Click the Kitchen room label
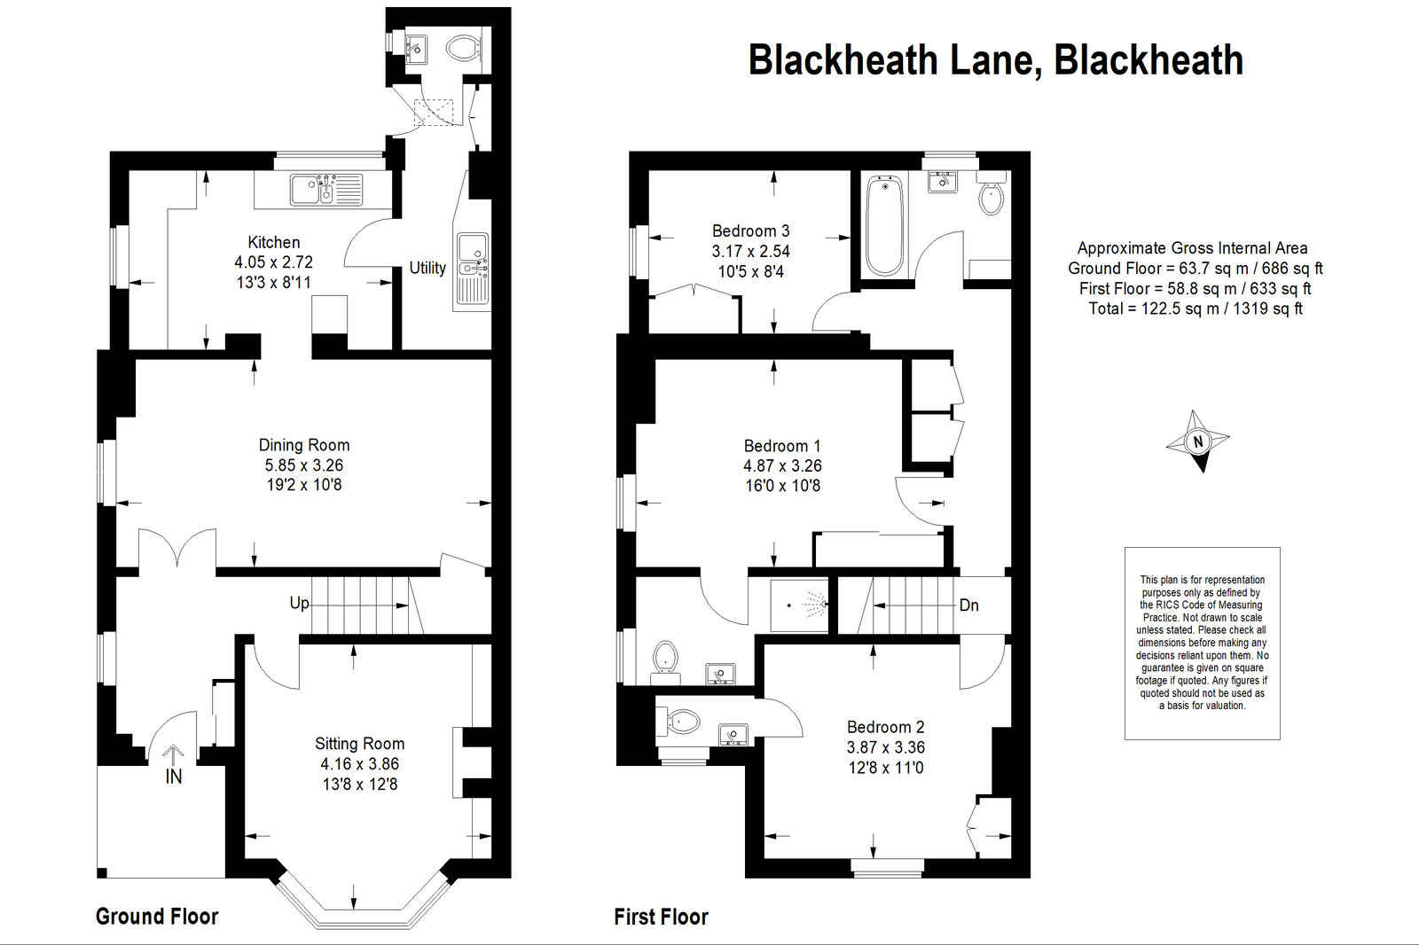click(274, 242)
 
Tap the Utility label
click(427, 268)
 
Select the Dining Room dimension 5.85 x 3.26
click(304, 465)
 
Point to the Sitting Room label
click(360, 744)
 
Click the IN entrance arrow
click(173, 755)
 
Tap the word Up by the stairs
click(299, 603)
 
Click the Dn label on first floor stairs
click(969, 605)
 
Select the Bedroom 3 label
click(750, 230)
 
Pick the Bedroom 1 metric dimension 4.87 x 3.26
click(782, 465)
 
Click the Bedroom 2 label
click(886, 727)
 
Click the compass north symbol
click(1197, 441)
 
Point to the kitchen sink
click(326, 190)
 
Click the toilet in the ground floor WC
click(465, 48)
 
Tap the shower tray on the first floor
click(799, 605)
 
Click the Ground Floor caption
click(157, 917)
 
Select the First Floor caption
click(662, 918)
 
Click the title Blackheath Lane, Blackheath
click(996, 61)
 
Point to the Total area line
click(1196, 308)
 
